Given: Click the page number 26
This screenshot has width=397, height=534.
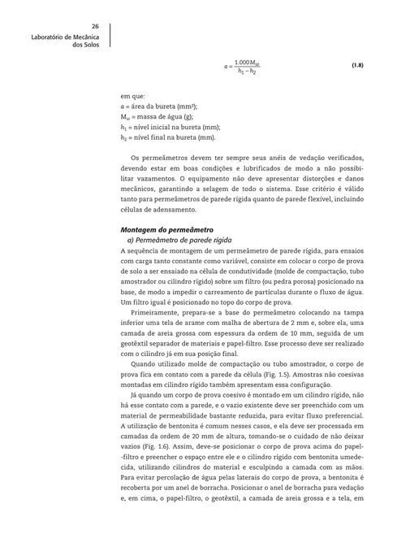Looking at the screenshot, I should (x=95, y=25).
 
